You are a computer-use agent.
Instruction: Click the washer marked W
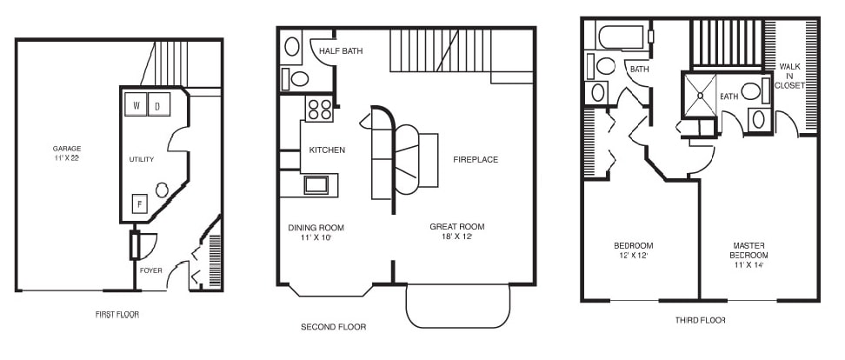136,104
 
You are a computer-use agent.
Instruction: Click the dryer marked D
159,104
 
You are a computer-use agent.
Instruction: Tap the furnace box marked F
140,203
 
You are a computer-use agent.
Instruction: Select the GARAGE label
67,148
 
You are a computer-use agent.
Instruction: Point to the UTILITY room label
141,159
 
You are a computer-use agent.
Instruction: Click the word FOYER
150,270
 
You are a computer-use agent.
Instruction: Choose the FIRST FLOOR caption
116,315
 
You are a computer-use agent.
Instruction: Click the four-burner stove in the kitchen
320,109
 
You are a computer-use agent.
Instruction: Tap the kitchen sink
316,185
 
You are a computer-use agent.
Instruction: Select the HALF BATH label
341,51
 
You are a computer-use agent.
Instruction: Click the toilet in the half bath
296,79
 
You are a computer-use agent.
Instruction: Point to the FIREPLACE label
476,159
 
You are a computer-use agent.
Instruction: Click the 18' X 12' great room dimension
456,236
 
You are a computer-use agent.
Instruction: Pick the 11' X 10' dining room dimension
316,237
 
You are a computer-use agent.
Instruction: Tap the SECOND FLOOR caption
334,327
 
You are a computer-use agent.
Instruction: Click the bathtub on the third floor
622,37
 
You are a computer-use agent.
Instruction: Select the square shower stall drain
700,96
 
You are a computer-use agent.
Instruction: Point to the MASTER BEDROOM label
749,250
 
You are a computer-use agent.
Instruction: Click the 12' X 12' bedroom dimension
634,256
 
